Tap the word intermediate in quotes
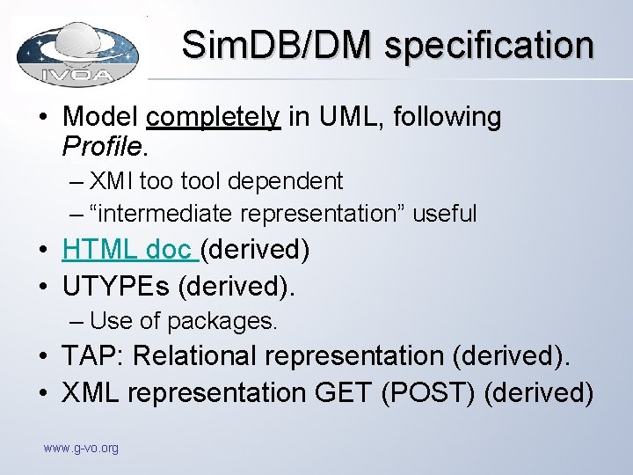(167, 213)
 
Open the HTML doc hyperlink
(128, 250)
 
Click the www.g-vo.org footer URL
(81, 449)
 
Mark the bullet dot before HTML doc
(44, 251)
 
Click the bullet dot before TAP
(44, 357)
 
